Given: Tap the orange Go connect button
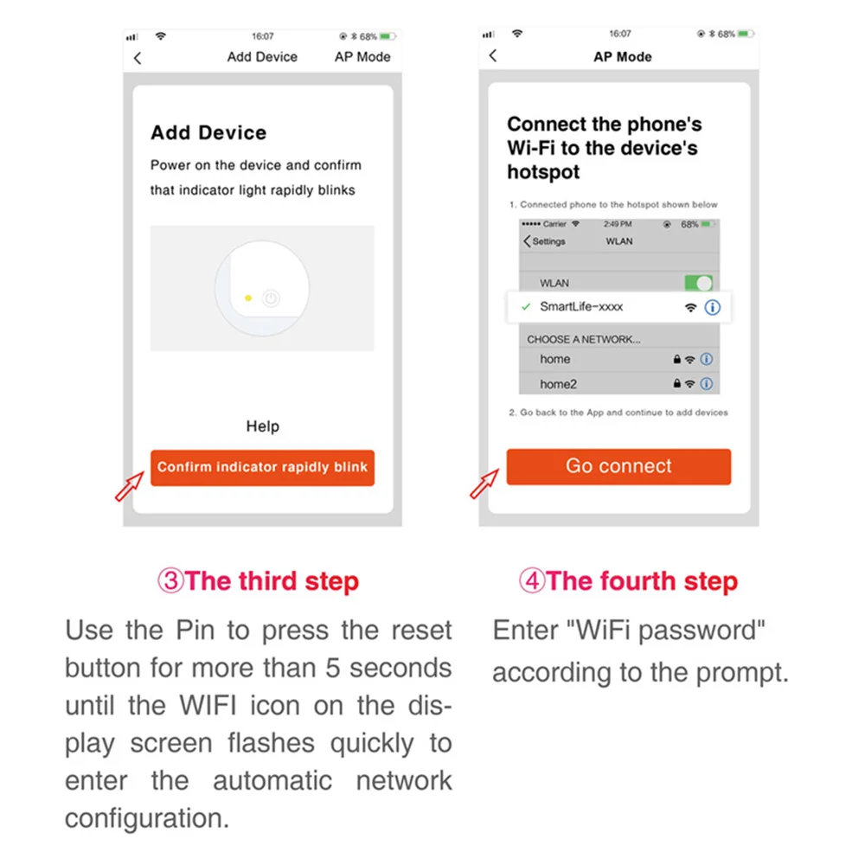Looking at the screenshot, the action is [618, 467].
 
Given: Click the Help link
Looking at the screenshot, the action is [263, 426].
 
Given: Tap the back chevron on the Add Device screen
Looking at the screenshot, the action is [138, 58].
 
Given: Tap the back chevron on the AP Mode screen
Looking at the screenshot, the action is [493, 55].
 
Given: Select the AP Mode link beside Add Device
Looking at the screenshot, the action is [362, 57].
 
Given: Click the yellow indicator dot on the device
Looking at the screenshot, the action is [248, 298].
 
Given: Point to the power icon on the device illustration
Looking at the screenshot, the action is [271, 298].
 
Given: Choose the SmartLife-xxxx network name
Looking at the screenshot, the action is [581, 307].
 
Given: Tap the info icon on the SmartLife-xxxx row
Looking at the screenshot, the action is [712, 307].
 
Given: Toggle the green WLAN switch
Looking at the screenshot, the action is [698, 283].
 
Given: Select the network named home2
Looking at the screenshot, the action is [558, 384].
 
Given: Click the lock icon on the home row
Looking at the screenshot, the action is [677, 359].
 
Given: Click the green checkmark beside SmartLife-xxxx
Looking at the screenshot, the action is [526, 307].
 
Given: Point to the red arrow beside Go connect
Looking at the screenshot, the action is [484, 484].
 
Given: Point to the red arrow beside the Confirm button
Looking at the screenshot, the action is [129, 486].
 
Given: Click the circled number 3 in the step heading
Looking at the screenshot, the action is [170, 581].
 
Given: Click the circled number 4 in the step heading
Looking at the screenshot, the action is [532, 581].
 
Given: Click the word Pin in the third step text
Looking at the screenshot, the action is [195, 630].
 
